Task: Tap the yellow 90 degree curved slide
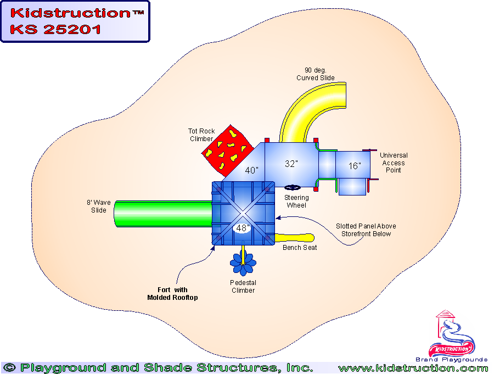pyautogui.click(x=307, y=110)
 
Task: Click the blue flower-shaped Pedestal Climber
pyautogui.click(x=243, y=263)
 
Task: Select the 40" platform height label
pyautogui.click(x=252, y=170)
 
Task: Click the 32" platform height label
pyautogui.click(x=291, y=164)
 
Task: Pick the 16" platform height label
pyautogui.click(x=355, y=165)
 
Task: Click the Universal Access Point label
pyautogui.click(x=394, y=163)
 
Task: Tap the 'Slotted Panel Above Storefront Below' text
pyautogui.click(x=366, y=230)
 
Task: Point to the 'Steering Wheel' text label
pyautogui.click(x=296, y=202)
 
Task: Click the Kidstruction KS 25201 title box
pyautogui.click(x=75, y=21)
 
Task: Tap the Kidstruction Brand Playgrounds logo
pyautogui.click(x=453, y=338)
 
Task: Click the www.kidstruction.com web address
pyautogui.click(x=413, y=368)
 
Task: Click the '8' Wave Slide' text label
pyautogui.click(x=99, y=206)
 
